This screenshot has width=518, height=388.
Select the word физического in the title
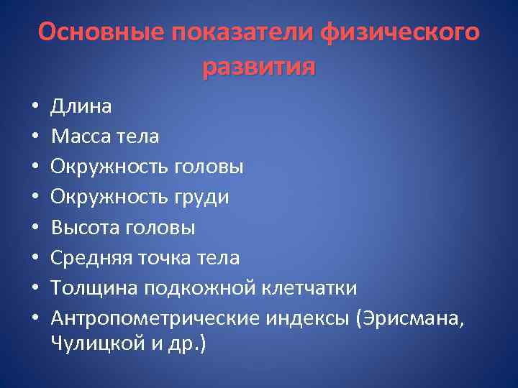[399, 32]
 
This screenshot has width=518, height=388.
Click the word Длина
[81, 106]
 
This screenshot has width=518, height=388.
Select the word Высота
[86, 228]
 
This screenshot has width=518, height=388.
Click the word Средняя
[90, 258]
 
